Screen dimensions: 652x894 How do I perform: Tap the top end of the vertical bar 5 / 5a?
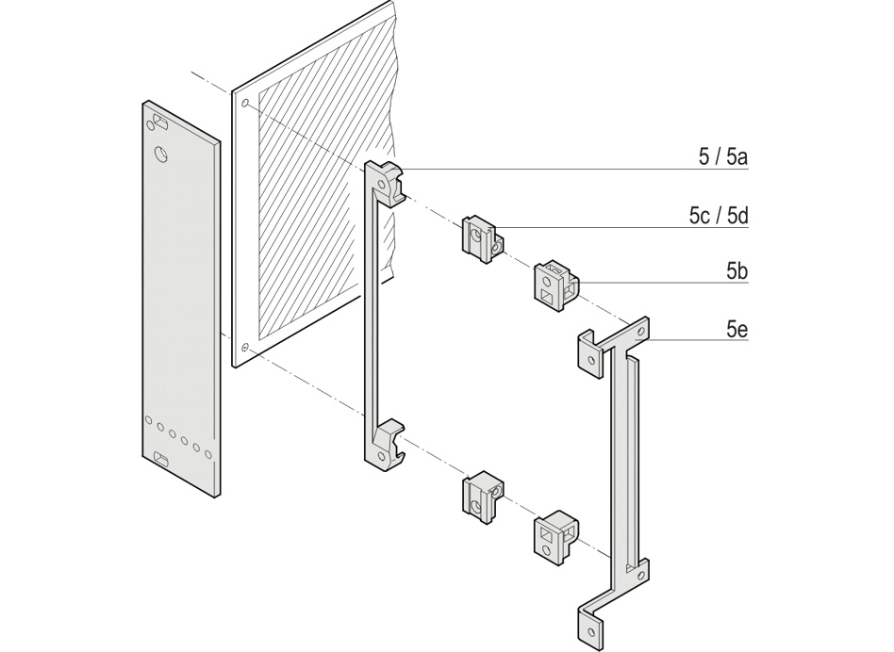click(x=385, y=180)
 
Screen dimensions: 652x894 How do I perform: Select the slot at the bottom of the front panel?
click(x=161, y=459)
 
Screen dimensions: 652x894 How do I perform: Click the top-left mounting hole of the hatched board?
click(x=245, y=102)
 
